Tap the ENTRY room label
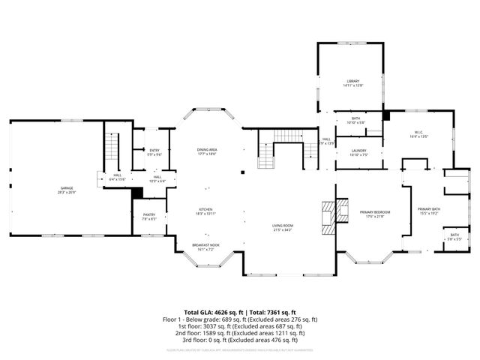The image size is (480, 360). [154, 151]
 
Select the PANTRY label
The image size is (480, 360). [148, 214]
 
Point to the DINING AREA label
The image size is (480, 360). [207, 150]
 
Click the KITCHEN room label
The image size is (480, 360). [206, 209]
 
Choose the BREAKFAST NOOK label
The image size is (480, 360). [205, 244]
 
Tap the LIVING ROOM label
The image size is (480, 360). [283, 226]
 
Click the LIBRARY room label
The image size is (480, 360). [352, 81]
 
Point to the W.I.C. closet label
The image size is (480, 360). [418, 132]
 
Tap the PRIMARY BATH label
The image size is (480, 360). [429, 209]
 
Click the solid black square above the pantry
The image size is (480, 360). [136, 193]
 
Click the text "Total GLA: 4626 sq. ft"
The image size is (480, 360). [211, 312]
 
